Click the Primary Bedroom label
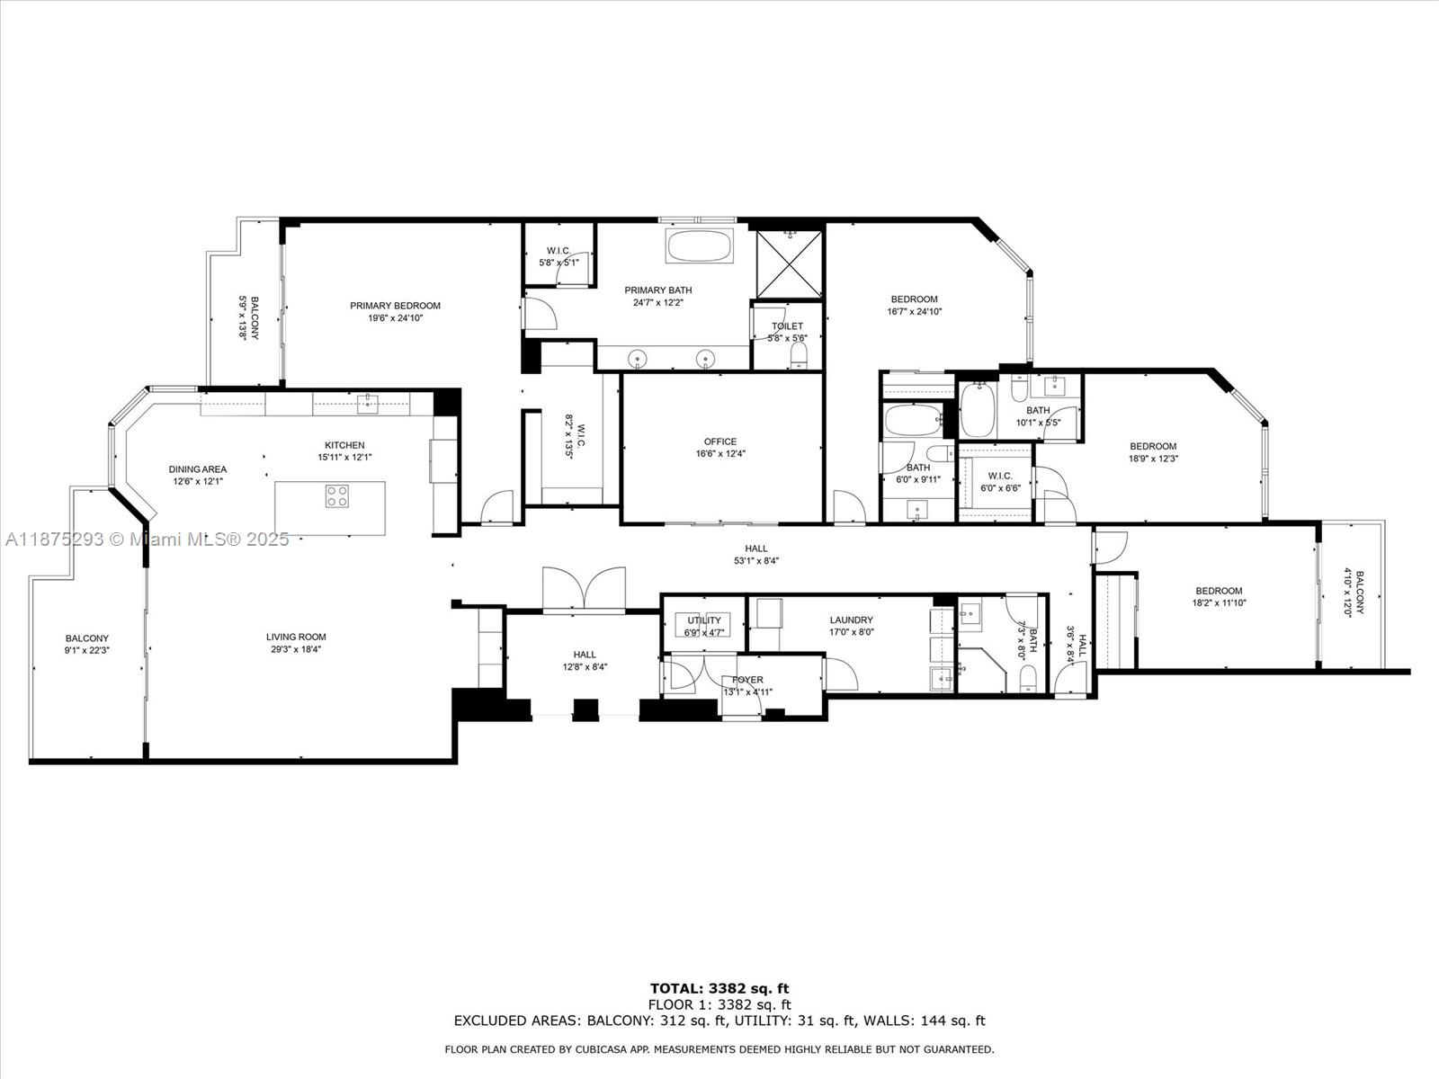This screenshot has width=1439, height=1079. click(395, 306)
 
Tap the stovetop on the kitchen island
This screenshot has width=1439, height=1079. click(337, 496)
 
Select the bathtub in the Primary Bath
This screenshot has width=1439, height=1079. click(699, 245)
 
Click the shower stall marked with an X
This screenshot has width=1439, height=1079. click(788, 263)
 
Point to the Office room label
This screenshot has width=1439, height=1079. click(719, 441)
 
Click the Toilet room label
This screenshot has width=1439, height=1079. click(787, 326)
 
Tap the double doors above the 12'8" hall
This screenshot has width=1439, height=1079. click(585, 590)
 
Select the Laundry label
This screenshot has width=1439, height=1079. click(851, 620)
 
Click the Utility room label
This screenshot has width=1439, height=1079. click(704, 620)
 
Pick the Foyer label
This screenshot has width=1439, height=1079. click(747, 680)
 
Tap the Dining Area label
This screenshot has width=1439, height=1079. click(198, 469)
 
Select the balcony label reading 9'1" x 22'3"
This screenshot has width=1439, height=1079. click(87, 650)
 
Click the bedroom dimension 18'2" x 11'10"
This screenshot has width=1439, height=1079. click(1219, 603)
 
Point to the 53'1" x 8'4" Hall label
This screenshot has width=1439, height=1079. click(755, 561)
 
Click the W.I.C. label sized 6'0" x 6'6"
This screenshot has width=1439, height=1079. click(999, 488)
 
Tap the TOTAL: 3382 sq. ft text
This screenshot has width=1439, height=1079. click(719, 988)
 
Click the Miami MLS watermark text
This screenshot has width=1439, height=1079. click(147, 539)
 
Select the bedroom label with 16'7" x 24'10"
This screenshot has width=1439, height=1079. click(914, 299)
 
